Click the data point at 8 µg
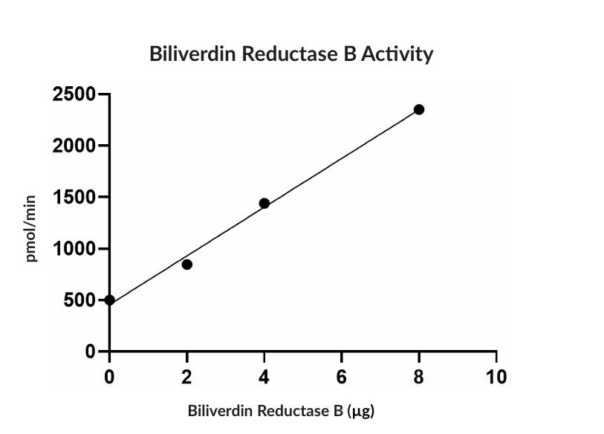[419, 109]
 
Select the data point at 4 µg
[264, 203]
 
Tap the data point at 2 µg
[187, 265]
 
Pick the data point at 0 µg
[110, 300]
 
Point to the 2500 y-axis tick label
[74, 94]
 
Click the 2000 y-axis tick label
[74, 146]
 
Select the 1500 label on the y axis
[74, 198]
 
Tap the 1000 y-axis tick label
[74, 249]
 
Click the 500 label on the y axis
[80, 300]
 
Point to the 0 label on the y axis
[91, 352]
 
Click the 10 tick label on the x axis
[496, 377]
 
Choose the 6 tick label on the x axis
[342, 377]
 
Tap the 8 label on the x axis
[419, 377]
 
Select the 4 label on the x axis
[264, 377]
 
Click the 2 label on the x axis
[187, 377]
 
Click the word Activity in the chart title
[397, 54]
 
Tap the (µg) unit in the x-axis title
[360, 411]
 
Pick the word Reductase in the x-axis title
[288, 410]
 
